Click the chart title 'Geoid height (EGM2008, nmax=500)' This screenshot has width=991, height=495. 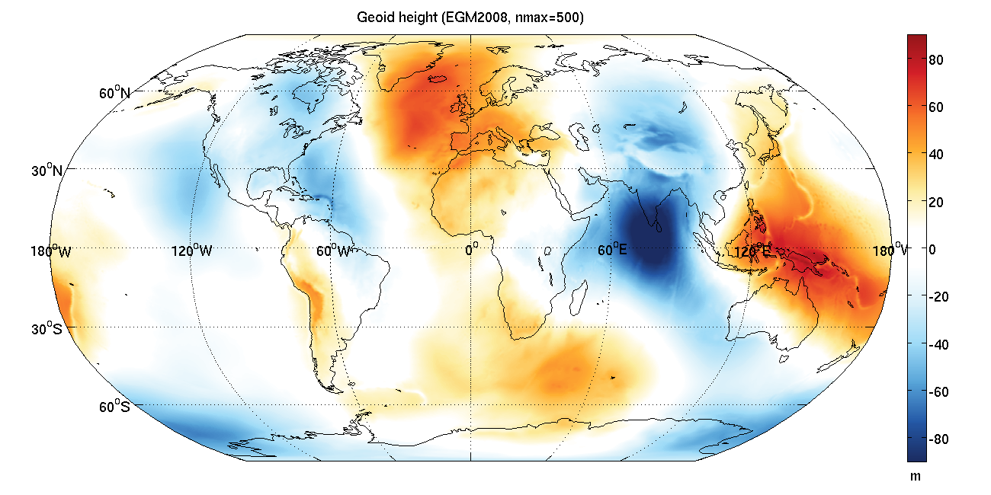point(470,18)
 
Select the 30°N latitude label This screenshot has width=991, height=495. point(47,171)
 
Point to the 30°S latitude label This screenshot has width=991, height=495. point(48,329)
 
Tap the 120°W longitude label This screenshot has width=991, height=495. point(191,251)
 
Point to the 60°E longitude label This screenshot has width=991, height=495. point(611,251)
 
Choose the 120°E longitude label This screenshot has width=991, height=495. point(752,251)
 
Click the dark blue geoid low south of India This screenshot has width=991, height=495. point(648,244)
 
